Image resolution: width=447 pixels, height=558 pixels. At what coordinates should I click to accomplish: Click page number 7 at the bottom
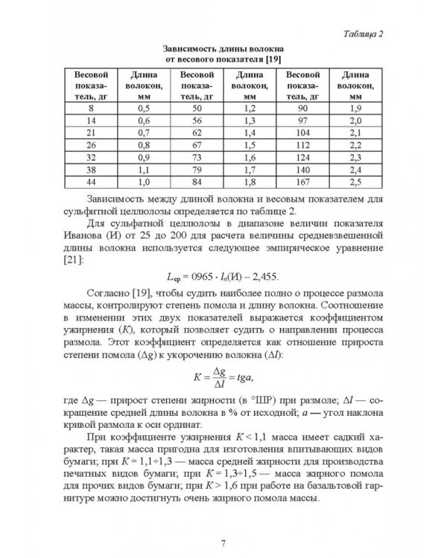click(x=223, y=520)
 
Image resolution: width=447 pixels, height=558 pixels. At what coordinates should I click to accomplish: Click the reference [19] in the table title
click(x=272, y=60)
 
